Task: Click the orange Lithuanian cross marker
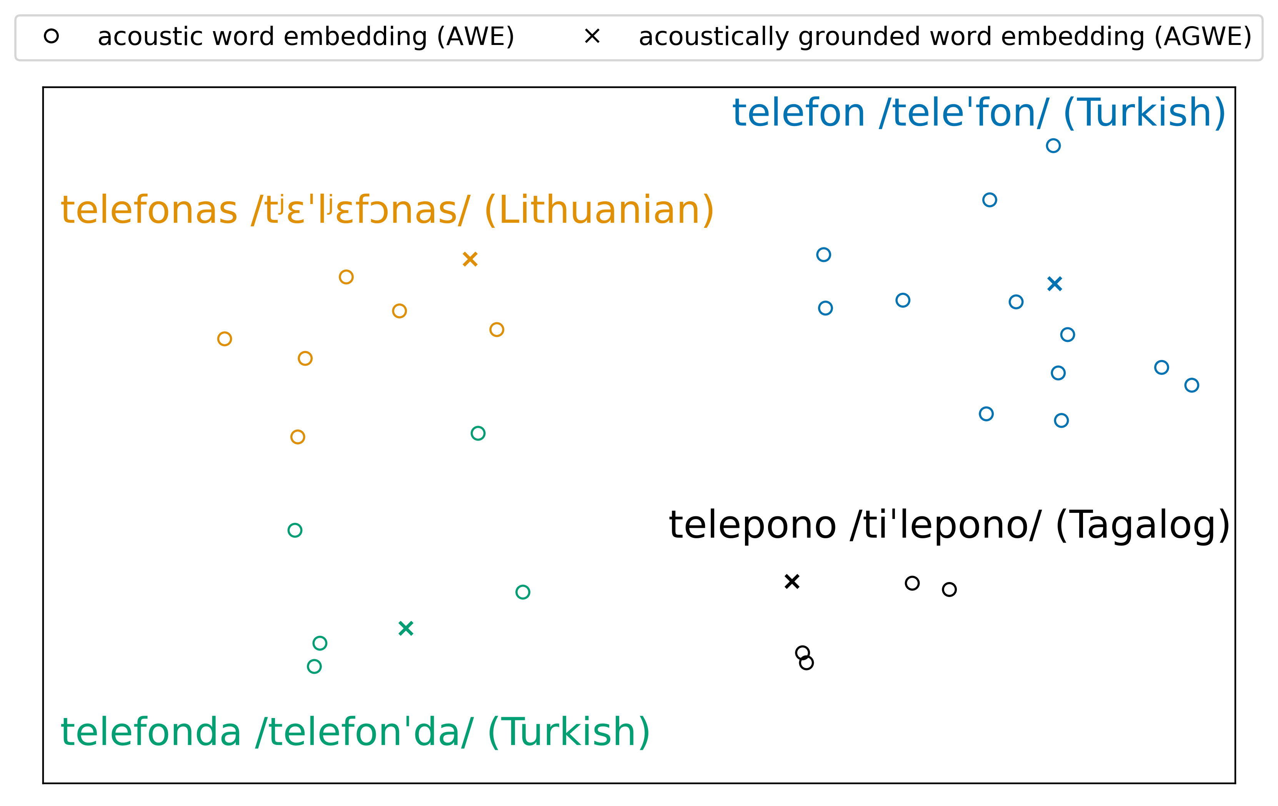[470, 259]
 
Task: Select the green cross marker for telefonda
[406, 629]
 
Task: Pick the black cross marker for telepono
[792, 582]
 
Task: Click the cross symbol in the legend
[592, 36]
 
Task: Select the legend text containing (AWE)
[306, 36]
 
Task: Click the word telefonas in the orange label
[149, 210]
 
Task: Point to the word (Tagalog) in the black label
[1143, 526]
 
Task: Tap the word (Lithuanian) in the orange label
[599, 210]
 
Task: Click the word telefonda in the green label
[151, 732]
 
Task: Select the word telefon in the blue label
[799, 113]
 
